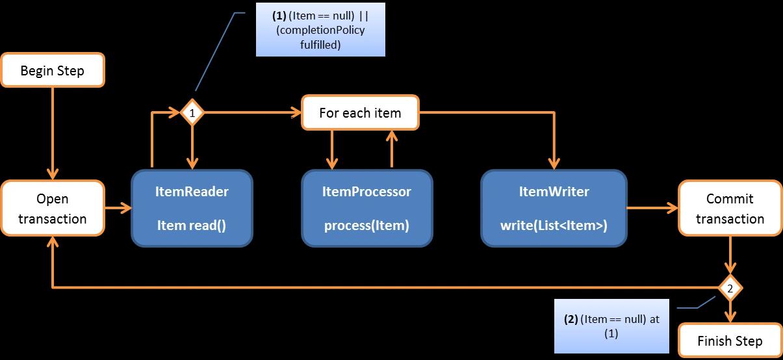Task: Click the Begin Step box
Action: pyautogui.click(x=53, y=70)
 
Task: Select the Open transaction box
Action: pyautogui.click(x=53, y=209)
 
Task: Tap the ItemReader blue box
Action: pyautogui.click(x=192, y=209)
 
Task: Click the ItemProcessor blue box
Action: pyautogui.click(x=366, y=209)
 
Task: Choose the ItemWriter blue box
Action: pyautogui.click(x=554, y=209)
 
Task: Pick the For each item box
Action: pyautogui.click(x=360, y=113)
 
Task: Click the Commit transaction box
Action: pyautogui.click(x=730, y=209)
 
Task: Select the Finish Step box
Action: pyautogui.click(x=730, y=341)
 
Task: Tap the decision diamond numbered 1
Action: pyautogui.click(x=192, y=113)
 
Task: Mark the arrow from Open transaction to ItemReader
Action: pyautogui.click(x=118, y=209)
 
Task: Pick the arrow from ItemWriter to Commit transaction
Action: pyautogui.click(x=652, y=209)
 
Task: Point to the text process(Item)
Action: pyautogui.click(x=366, y=226)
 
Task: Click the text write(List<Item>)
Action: pyautogui.click(x=554, y=226)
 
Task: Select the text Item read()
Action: pyautogui.click(x=192, y=226)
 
